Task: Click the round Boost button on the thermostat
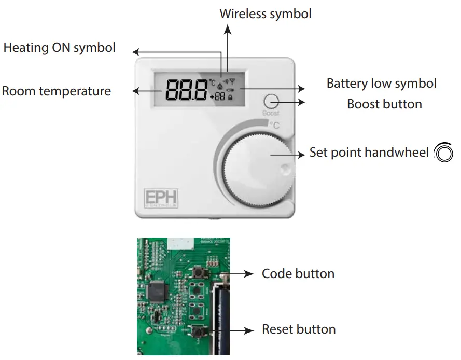click(271, 101)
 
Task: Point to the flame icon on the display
click(220, 84)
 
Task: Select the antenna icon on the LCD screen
click(232, 81)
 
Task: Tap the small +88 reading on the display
click(218, 97)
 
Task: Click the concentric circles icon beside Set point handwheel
click(443, 153)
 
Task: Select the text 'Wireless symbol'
click(266, 13)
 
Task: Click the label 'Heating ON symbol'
click(59, 48)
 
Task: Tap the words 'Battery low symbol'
click(381, 83)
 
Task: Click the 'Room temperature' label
click(57, 91)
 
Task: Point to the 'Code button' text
click(298, 273)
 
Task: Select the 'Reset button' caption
click(298, 329)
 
